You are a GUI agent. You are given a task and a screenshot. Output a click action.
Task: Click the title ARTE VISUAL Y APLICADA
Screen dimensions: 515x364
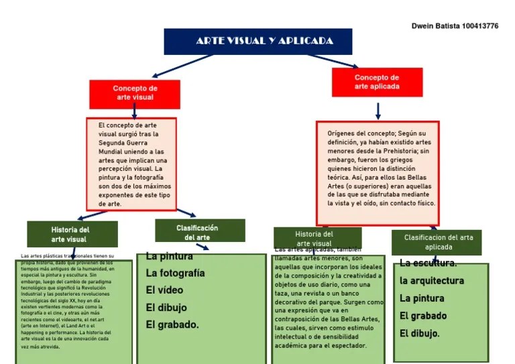pyautogui.click(x=264, y=41)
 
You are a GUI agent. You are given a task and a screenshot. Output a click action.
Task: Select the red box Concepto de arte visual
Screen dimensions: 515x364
pyautogui.click(x=135, y=93)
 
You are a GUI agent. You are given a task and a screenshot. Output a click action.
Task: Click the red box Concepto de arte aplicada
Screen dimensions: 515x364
pyautogui.click(x=376, y=82)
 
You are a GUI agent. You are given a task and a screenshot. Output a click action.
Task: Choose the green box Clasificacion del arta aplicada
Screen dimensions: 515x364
pyautogui.click(x=438, y=242)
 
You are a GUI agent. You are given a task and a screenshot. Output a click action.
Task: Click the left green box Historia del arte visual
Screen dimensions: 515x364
pyautogui.click(x=70, y=234)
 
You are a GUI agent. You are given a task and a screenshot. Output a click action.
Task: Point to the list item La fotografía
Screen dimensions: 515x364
pyautogui.click(x=175, y=273)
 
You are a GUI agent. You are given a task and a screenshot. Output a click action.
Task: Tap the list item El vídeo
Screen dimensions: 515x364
pyautogui.click(x=165, y=290)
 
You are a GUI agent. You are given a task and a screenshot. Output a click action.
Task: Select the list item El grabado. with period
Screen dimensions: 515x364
pyautogui.click(x=172, y=324)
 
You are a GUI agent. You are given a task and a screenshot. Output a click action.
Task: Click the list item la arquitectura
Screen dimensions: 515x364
pyautogui.click(x=432, y=281)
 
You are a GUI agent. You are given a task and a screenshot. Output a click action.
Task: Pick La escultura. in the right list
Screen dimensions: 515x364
pyautogui.click(x=428, y=263)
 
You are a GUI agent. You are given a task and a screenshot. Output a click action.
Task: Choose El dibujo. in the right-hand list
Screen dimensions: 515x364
pyautogui.click(x=420, y=333)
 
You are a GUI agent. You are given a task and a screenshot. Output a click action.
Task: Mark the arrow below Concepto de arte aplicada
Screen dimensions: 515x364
pyautogui.click(x=378, y=111)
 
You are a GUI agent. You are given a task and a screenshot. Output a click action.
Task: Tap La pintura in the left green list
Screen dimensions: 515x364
pyautogui.click(x=169, y=256)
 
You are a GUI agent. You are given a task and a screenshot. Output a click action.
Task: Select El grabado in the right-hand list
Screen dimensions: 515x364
pyautogui.click(x=423, y=316)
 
